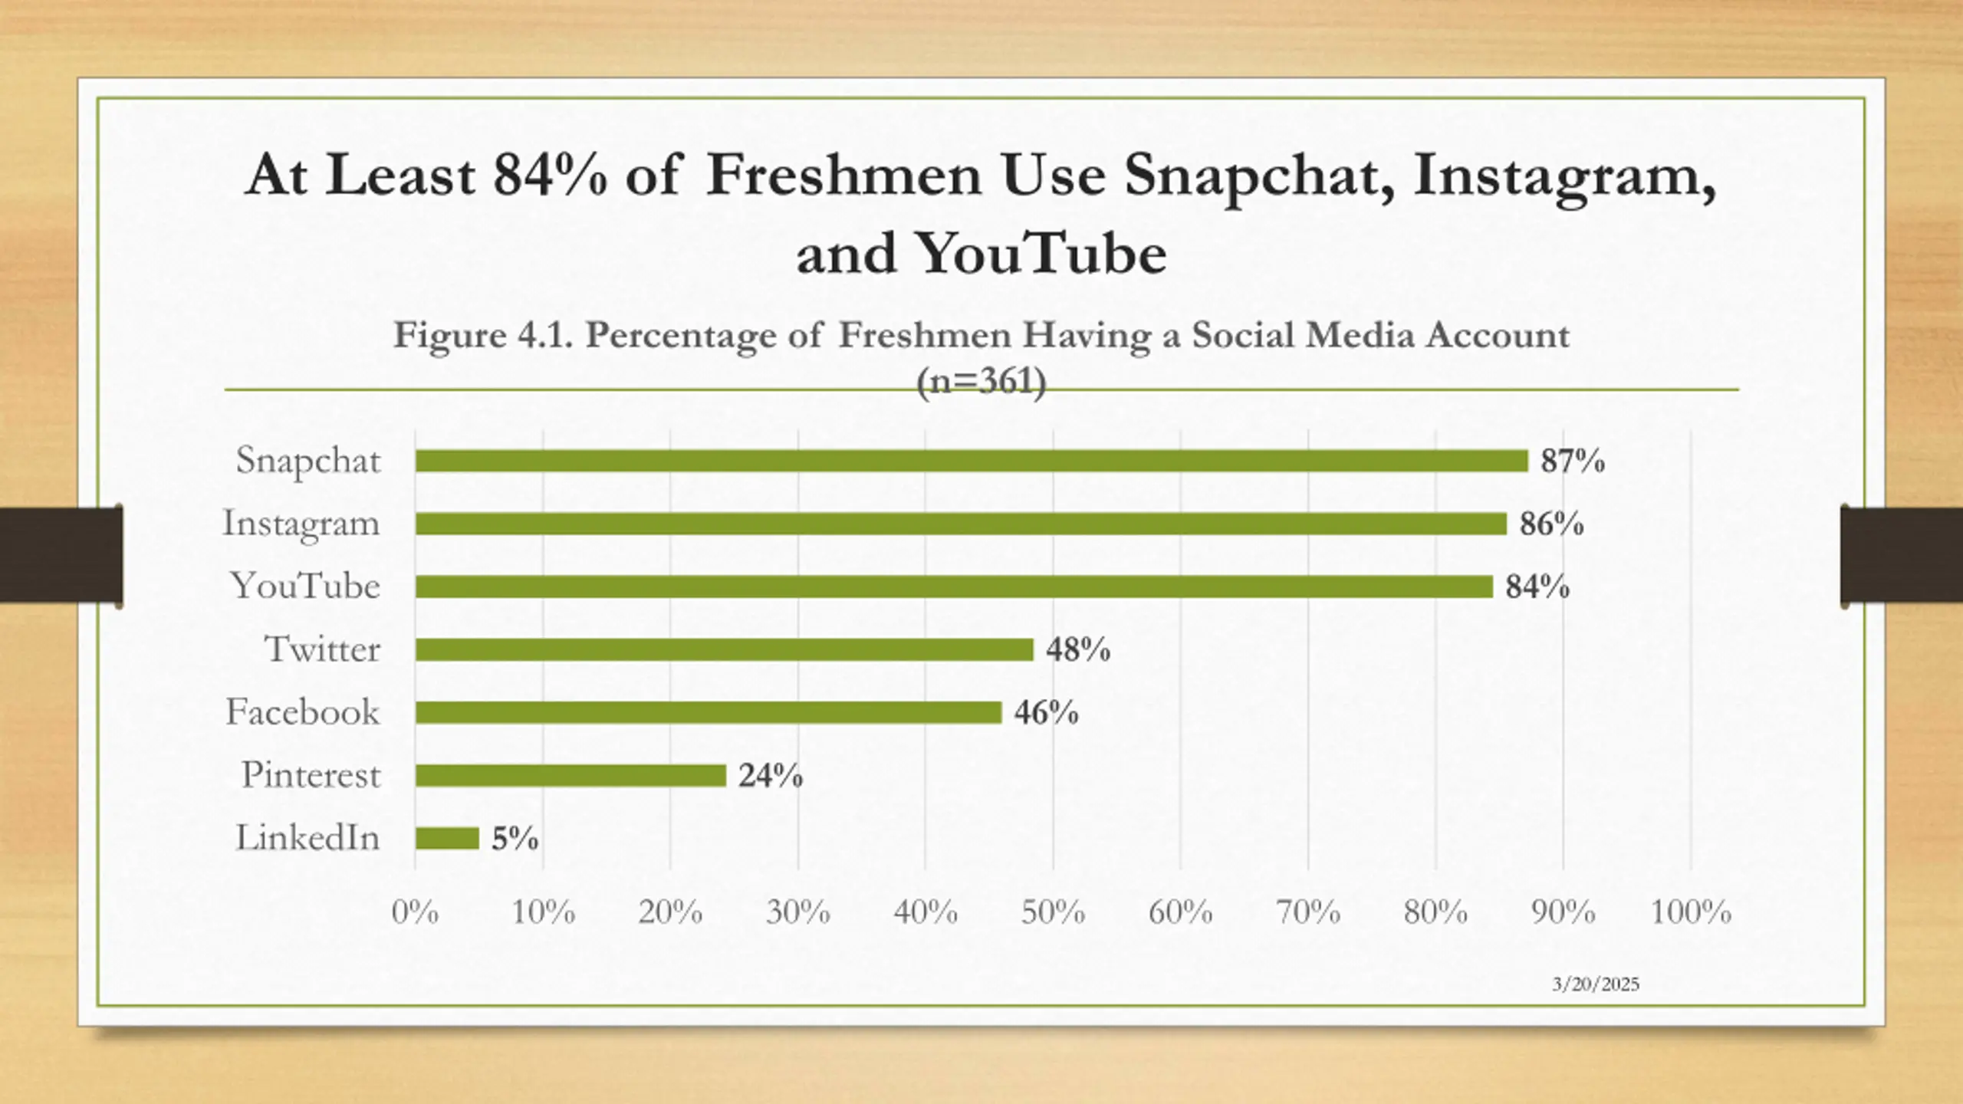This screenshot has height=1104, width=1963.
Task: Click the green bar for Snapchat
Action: point(971,461)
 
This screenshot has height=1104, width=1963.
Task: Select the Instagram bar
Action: point(960,524)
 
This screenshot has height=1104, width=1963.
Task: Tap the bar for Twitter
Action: point(724,649)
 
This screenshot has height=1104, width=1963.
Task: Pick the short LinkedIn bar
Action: point(447,838)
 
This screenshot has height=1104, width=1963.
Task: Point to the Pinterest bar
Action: point(570,775)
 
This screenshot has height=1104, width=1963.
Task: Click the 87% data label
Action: point(1572,462)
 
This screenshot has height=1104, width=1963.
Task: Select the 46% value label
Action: point(1046,713)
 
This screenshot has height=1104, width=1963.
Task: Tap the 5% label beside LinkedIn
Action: point(515,839)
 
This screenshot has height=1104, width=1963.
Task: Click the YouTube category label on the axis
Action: point(305,586)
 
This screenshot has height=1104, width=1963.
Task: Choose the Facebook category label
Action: point(302,712)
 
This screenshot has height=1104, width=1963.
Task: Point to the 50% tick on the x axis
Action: point(1053,912)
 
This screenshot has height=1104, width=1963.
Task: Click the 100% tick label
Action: point(1690,912)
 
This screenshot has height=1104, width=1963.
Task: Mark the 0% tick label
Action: point(415,912)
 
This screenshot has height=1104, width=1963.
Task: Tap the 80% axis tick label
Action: point(1435,912)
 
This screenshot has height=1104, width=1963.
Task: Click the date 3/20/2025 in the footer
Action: point(1596,984)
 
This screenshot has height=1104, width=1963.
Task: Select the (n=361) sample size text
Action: point(981,382)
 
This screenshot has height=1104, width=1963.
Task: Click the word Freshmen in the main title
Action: point(843,176)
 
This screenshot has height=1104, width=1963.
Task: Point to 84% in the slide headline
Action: point(550,176)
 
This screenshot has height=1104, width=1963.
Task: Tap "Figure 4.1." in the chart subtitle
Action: point(483,336)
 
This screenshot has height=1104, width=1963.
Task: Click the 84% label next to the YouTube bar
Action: point(1537,587)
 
